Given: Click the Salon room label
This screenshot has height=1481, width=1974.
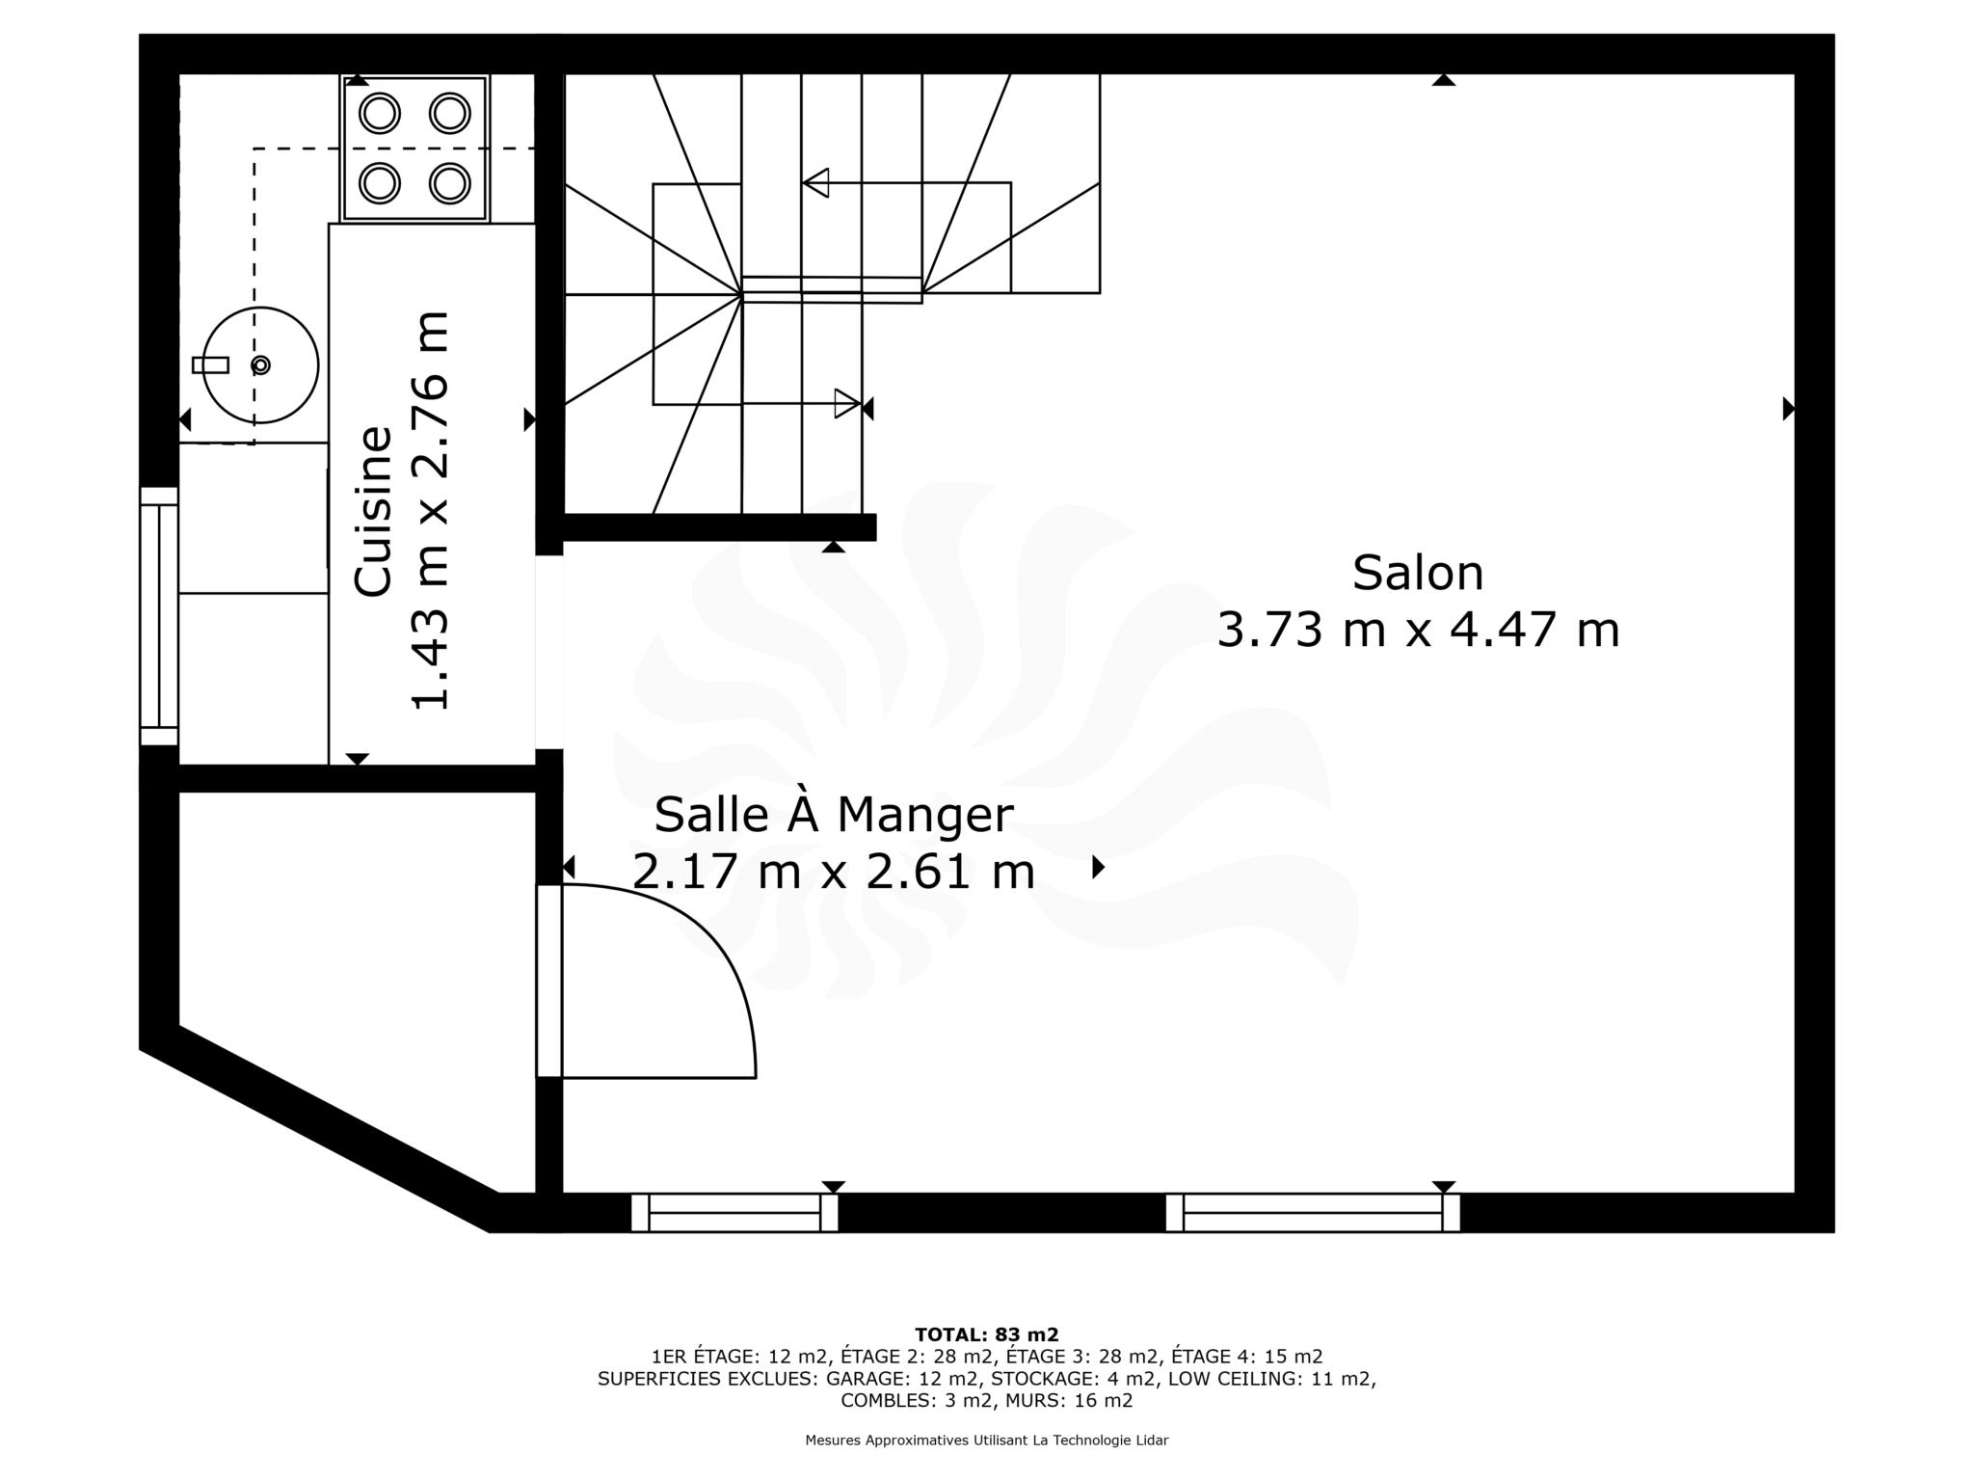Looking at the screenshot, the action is click(1417, 573).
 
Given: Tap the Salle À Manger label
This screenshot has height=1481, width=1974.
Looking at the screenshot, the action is click(834, 815).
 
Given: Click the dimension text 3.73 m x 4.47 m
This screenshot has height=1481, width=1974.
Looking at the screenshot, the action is click(1418, 631).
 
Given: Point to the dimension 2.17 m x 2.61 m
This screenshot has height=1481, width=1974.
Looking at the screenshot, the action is click(834, 873).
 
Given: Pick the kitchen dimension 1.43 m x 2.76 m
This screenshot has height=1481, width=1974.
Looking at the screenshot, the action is click(430, 511).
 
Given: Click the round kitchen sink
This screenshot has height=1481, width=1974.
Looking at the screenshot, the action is click(260, 365).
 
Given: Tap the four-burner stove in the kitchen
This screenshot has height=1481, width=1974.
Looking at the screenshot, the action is click(414, 148).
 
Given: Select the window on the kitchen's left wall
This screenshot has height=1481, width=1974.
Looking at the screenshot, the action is click(159, 616).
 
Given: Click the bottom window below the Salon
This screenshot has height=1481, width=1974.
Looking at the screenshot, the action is click(1313, 1213).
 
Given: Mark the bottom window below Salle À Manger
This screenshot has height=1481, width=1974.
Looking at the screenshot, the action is click(734, 1213).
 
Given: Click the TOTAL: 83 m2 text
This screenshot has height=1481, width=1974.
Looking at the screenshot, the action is click(986, 1335).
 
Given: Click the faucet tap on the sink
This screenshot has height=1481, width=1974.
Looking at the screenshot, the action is click(211, 365).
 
